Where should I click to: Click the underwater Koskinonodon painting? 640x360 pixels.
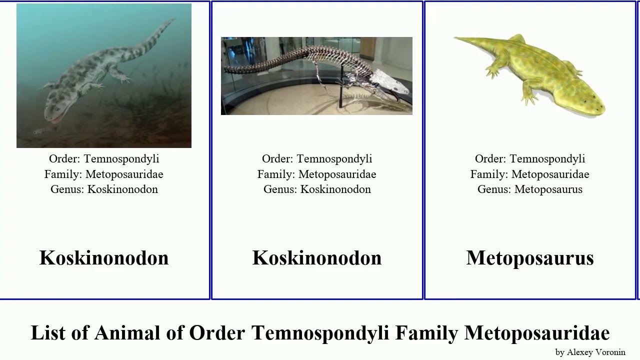tap(104, 75)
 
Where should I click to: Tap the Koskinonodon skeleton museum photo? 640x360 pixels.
tap(316, 75)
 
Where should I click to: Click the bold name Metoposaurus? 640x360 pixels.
tap(530, 258)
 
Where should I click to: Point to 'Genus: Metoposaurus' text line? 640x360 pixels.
tap(530, 189)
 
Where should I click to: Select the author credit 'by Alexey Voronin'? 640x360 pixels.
tap(590, 352)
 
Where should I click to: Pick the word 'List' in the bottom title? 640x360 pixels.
tap(48, 333)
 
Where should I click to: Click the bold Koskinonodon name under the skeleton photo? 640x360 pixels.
tap(317, 258)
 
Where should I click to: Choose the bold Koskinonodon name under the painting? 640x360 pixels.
tap(104, 258)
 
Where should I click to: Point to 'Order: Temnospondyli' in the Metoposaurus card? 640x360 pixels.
tap(530, 159)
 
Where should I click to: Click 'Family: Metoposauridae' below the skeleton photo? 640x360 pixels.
tap(317, 174)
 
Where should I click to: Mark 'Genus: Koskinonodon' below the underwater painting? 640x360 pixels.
tap(104, 189)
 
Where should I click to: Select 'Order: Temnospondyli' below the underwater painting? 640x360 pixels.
tap(104, 159)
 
